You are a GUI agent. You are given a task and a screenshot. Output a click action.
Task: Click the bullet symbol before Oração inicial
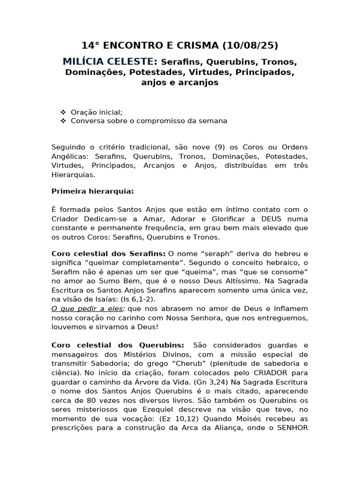coord(63,112)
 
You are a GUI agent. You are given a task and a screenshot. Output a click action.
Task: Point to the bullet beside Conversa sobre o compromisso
coord(63,121)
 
